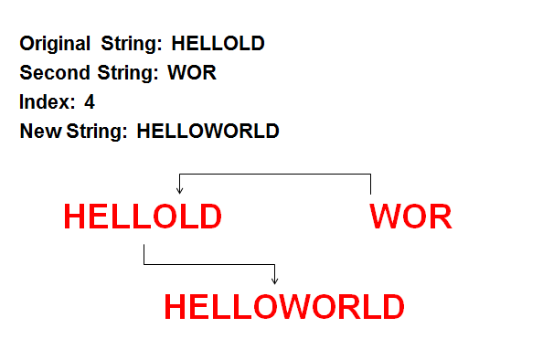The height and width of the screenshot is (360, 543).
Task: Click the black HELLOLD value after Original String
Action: pyautogui.click(x=218, y=43)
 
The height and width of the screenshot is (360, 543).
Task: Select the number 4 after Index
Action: pyautogui.click(x=90, y=102)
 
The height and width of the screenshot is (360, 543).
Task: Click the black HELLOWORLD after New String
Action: pyautogui.click(x=208, y=132)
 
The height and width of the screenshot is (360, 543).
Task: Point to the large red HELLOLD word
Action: pyautogui.click(x=143, y=217)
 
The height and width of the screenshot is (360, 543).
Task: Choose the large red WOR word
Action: pyautogui.click(x=410, y=217)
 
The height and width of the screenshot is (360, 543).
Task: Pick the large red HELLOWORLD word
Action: pyautogui.click(x=283, y=307)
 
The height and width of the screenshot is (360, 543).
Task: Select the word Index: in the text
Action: pyautogui.click(x=47, y=102)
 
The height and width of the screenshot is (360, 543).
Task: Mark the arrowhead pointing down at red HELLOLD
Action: pyautogui.click(x=179, y=189)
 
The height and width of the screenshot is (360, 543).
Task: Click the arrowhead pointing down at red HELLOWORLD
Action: pyautogui.click(x=275, y=281)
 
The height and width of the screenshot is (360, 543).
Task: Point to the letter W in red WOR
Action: pyautogui.click(x=385, y=217)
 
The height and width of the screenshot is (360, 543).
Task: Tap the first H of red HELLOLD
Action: pyautogui.click(x=76, y=217)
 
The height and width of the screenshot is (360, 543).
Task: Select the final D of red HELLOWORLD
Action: pyautogui.click(x=391, y=307)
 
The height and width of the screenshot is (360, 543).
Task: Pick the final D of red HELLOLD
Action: pyautogui.click(x=209, y=217)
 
